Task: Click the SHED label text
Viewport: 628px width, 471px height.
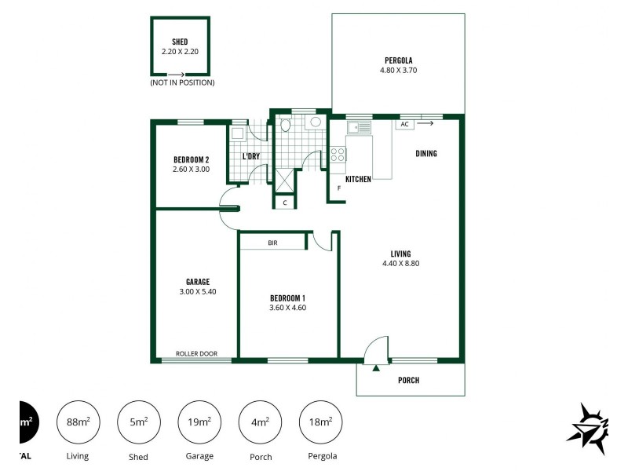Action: click(180, 42)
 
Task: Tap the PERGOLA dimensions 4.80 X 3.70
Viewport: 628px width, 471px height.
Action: click(398, 70)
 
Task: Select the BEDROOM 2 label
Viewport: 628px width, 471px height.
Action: click(191, 159)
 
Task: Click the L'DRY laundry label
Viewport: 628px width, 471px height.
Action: click(251, 156)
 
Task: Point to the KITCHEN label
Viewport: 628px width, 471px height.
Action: click(358, 180)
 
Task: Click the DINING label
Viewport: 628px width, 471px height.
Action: click(426, 154)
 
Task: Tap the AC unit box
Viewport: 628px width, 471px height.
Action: click(405, 124)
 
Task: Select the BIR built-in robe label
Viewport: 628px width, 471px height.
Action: click(272, 243)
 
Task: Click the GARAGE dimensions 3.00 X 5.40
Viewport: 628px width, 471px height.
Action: click(197, 291)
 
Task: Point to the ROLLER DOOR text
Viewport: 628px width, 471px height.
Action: click(196, 354)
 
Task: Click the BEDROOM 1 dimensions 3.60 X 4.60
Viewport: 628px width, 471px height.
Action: click(287, 308)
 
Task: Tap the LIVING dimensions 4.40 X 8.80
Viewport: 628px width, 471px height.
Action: click(400, 263)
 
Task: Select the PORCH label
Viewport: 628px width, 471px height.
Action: click(408, 381)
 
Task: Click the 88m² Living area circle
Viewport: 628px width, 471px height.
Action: click(78, 422)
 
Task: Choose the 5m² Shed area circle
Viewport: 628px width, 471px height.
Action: click(138, 422)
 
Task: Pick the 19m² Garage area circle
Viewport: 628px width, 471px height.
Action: click(199, 422)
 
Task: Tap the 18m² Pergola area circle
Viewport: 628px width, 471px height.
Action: click(320, 422)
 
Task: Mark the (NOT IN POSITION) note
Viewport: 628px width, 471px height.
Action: click(182, 82)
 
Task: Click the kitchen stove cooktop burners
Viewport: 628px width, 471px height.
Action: click(338, 155)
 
